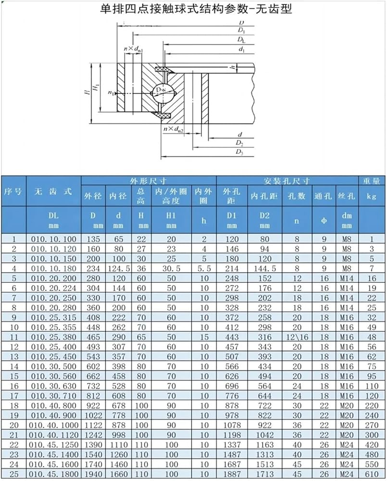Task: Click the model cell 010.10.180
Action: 54,268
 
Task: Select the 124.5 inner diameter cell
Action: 119,268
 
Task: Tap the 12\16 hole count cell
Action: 297,337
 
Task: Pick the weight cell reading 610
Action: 372,474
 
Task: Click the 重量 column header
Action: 372,181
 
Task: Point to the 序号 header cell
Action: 13,192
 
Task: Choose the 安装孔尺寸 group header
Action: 287,181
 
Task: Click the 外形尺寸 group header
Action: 149,181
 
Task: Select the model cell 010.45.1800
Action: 54,474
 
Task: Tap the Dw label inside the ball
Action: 161,89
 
